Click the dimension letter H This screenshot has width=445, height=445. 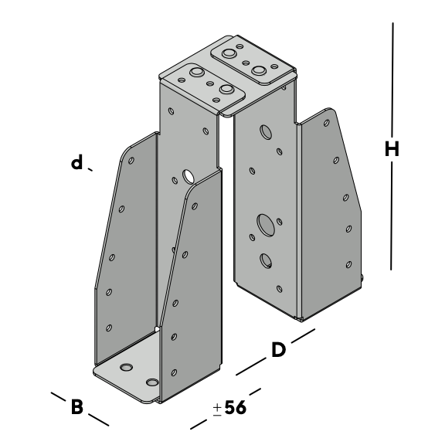coord(392,148)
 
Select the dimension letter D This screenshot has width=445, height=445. coord(278,350)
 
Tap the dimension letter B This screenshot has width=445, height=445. coord(77,406)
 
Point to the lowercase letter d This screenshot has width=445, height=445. coord(76,162)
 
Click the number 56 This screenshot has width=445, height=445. coord(236,408)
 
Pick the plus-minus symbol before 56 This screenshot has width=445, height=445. coord(217,409)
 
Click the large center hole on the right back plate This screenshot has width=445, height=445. coord(266,225)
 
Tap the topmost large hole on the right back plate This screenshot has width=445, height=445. coord(266,132)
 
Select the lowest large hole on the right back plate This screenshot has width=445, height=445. coord(266,260)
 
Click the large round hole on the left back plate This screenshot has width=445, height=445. coord(189,176)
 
